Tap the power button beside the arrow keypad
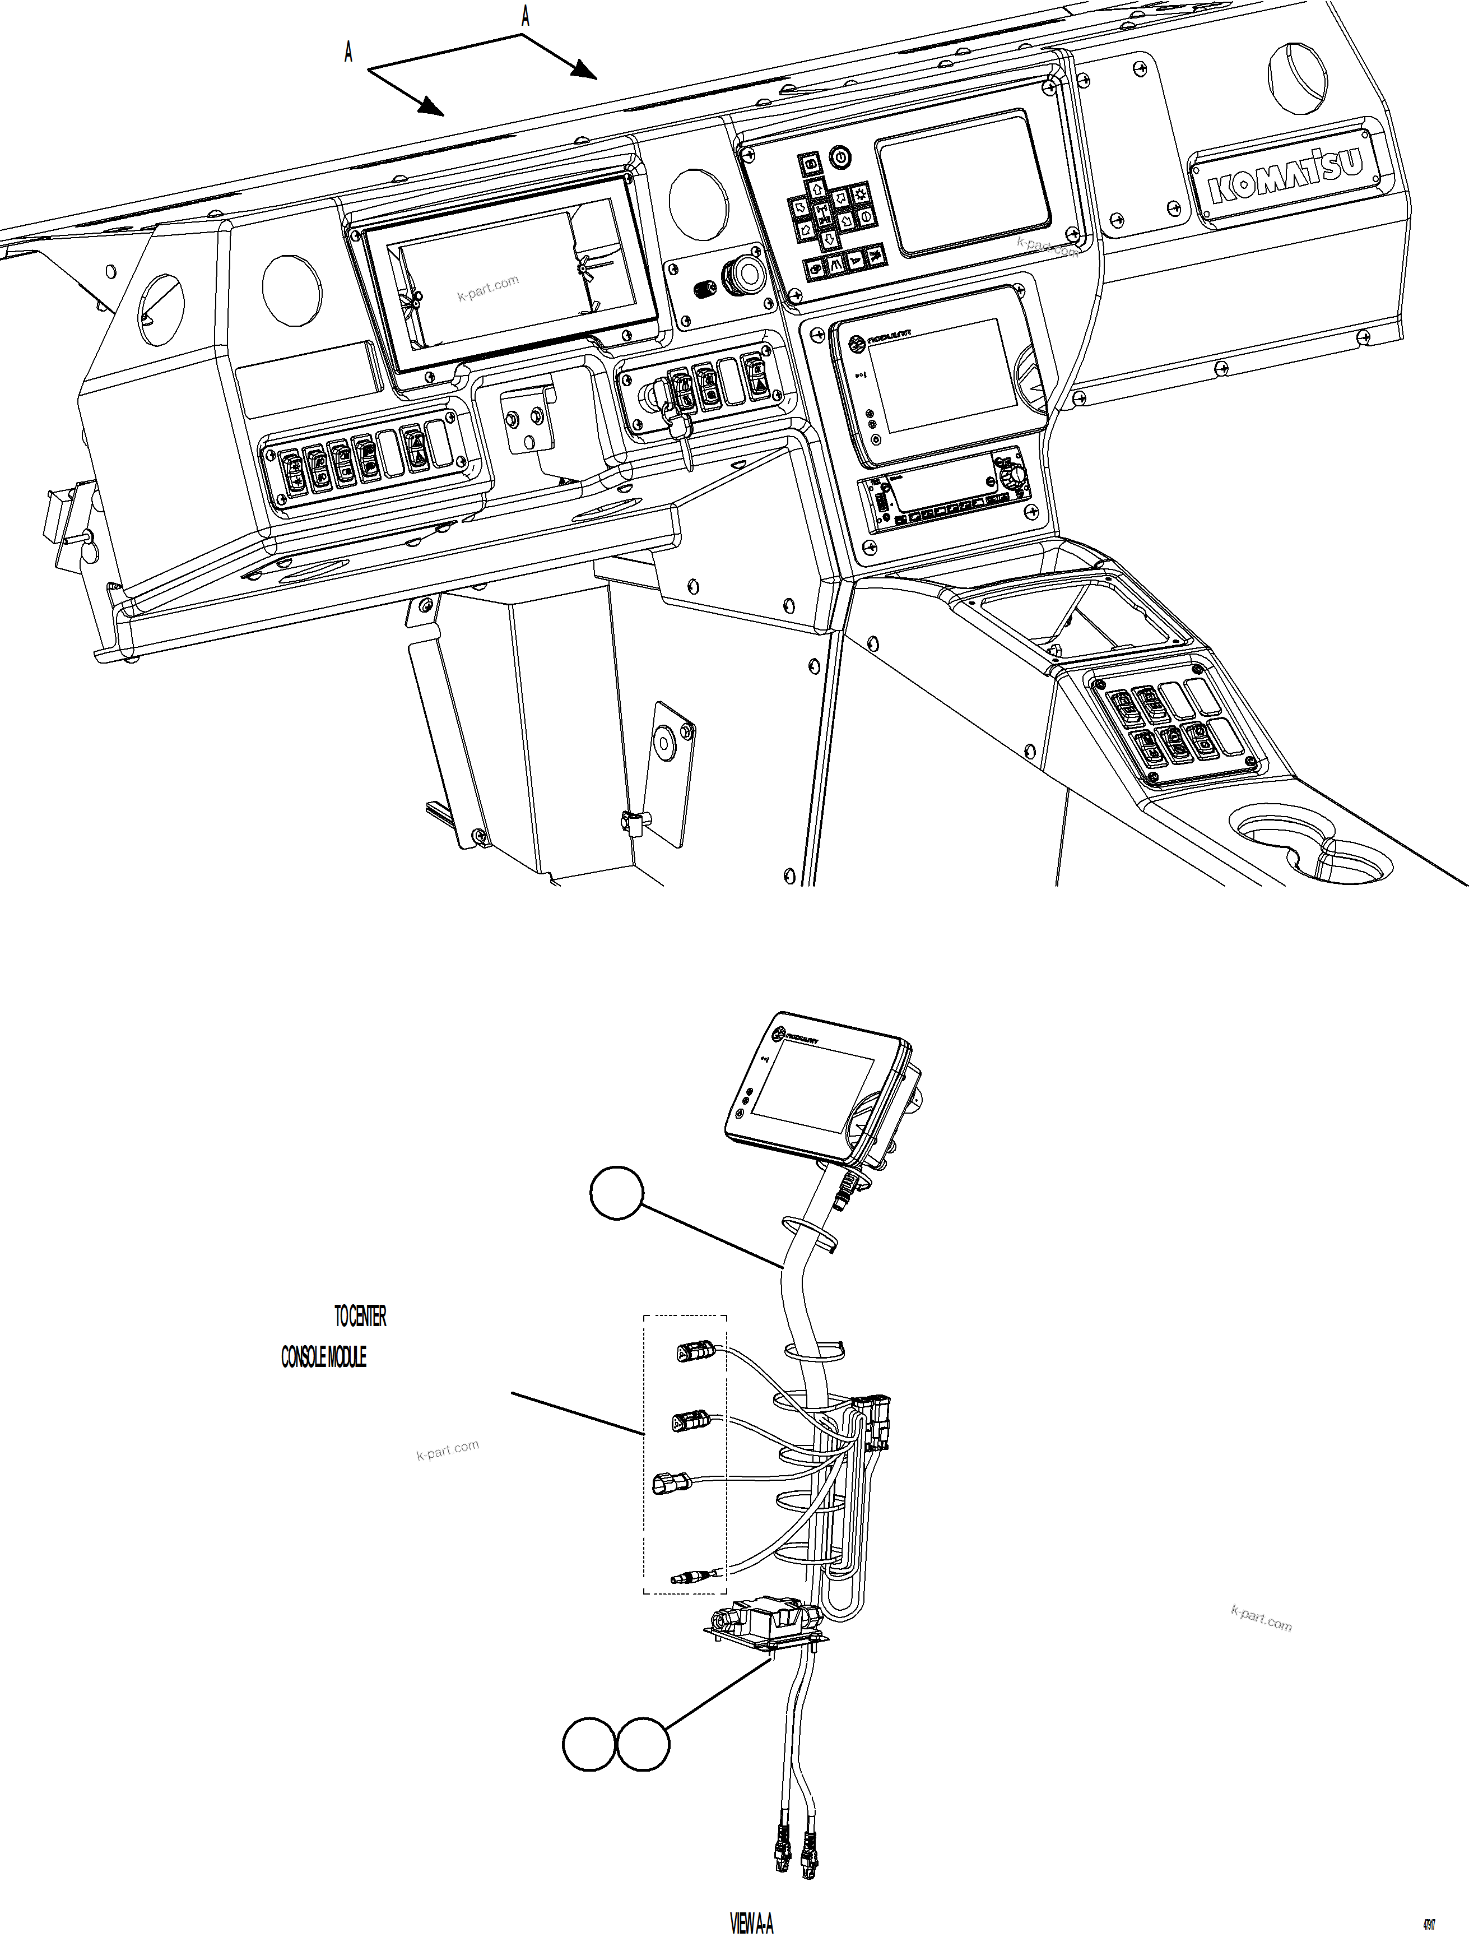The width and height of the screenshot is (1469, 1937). (840, 157)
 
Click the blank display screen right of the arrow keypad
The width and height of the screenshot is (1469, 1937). (963, 184)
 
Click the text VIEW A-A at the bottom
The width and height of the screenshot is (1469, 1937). (751, 1920)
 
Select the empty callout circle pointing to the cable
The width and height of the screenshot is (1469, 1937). (617, 1193)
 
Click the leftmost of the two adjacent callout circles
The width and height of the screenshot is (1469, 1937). (588, 1744)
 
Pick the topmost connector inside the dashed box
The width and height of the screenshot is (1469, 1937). (696, 1354)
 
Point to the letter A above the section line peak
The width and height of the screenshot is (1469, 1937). (526, 15)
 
